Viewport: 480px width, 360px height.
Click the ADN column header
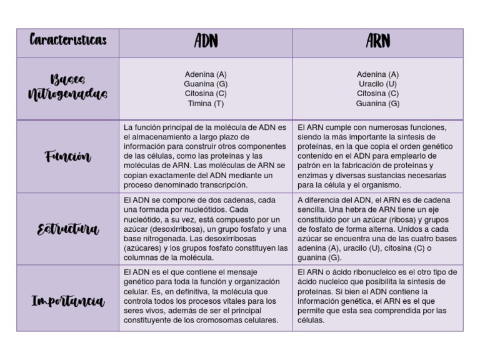tap(206, 42)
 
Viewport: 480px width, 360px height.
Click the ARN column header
tap(377, 42)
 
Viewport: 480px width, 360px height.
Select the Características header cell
tap(68, 41)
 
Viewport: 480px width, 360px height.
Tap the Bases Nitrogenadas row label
tap(68, 87)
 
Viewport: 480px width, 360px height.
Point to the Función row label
tap(68, 156)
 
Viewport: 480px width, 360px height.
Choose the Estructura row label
tap(68, 229)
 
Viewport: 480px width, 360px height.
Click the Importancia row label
tap(68, 301)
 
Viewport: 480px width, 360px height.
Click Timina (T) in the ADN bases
tap(206, 104)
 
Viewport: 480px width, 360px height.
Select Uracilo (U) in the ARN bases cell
tap(377, 84)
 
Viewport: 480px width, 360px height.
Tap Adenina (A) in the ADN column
tap(206, 74)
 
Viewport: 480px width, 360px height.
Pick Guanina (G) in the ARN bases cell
tap(377, 104)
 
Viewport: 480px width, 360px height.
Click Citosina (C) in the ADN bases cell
tap(206, 94)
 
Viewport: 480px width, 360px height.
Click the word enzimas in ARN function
tap(313, 175)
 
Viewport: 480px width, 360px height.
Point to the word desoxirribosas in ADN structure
tap(239, 238)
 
